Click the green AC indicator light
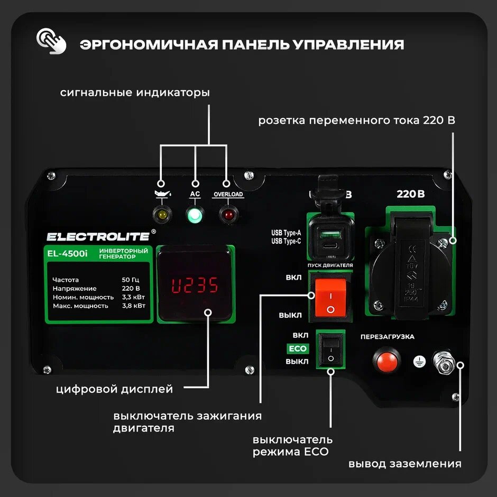(195, 215)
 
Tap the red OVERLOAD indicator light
(228, 215)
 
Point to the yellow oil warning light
(161, 215)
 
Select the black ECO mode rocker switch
(330, 349)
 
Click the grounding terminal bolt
(442, 362)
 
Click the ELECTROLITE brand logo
(98, 236)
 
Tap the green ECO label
(297, 349)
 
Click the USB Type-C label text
(286, 242)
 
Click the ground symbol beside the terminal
(418, 362)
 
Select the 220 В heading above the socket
(411, 194)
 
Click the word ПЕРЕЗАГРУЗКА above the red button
(387, 337)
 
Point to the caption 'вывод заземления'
(404, 464)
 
